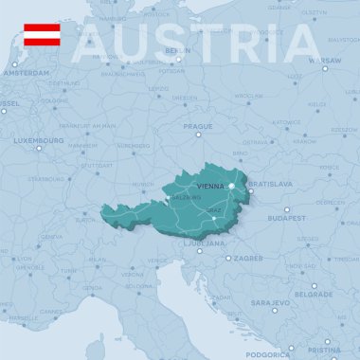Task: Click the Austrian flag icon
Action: (42, 35)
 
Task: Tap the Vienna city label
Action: (210, 187)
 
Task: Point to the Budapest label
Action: (286, 218)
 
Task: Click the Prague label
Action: (198, 126)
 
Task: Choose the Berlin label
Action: (177, 50)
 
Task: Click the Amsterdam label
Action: (26, 73)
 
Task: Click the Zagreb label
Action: (248, 258)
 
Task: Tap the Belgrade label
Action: (314, 294)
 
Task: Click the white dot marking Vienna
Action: (231, 186)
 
